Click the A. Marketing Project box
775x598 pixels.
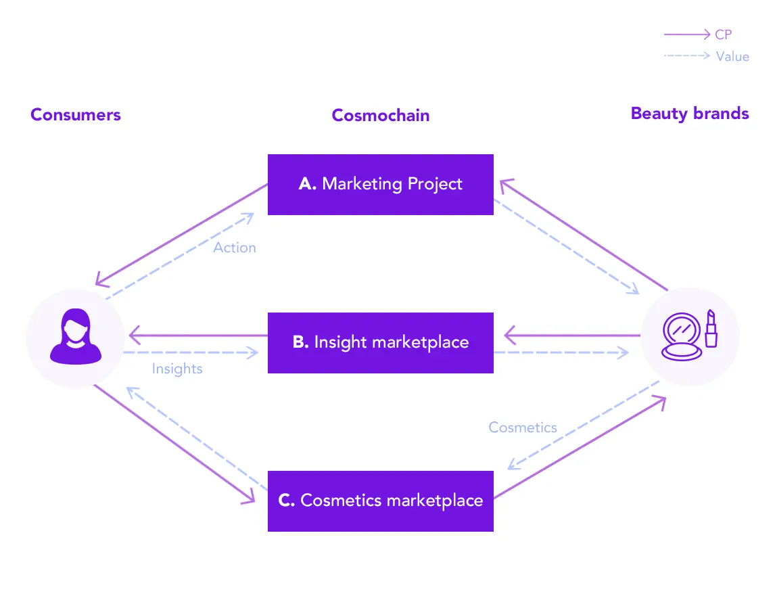381,185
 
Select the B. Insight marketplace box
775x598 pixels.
381,342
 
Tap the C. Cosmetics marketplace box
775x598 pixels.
381,501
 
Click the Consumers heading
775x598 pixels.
76,114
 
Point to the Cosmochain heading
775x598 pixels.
381,115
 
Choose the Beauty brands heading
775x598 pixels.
690,114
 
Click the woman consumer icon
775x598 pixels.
76,336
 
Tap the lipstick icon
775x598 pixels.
711,329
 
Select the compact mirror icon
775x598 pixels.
682,337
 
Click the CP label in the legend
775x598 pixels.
723,34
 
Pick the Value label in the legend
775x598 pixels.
732,56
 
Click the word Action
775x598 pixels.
234,248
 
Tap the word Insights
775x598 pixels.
177,369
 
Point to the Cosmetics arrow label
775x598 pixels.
523,428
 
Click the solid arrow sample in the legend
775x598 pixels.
687,34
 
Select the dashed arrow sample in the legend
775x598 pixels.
687,56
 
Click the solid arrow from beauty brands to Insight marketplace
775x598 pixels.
572,336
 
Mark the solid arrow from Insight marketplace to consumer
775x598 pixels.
198,336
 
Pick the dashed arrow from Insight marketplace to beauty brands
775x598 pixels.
561,352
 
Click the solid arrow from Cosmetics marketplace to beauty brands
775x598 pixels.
580,447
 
